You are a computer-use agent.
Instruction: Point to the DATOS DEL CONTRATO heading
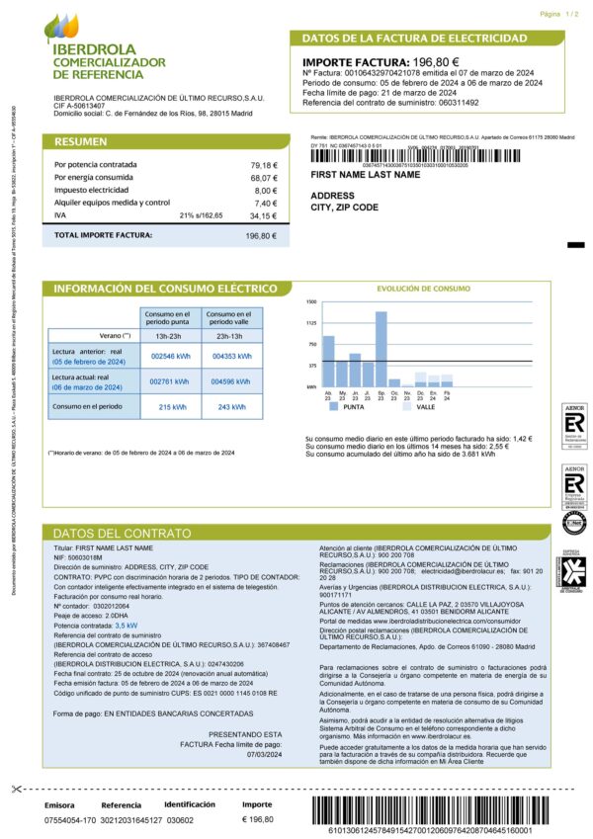click(x=109, y=533)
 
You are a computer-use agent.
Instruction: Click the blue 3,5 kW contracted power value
click(x=126, y=626)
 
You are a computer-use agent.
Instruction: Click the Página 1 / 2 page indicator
click(x=559, y=16)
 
